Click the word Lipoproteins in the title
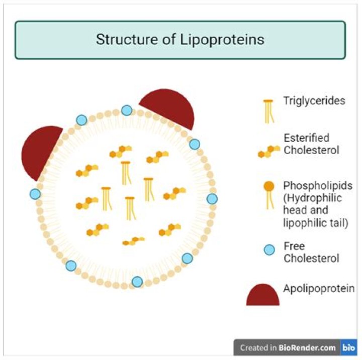(x=222, y=40)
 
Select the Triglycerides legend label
(x=314, y=100)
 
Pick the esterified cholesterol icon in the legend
(x=269, y=151)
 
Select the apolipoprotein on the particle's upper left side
(x=41, y=152)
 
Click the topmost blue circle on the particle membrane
(x=127, y=110)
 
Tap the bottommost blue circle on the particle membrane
(x=137, y=282)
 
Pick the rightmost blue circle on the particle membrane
(x=212, y=199)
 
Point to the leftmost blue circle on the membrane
(x=35, y=194)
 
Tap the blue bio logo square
(x=348, y=347)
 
